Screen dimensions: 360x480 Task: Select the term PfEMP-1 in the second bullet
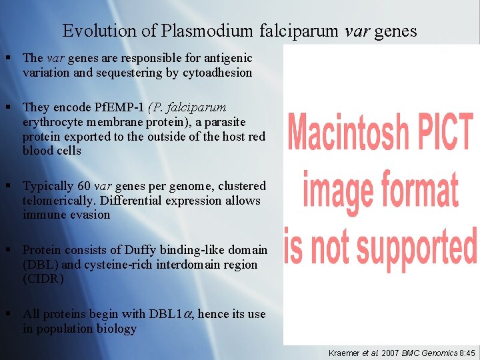point(123,107)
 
